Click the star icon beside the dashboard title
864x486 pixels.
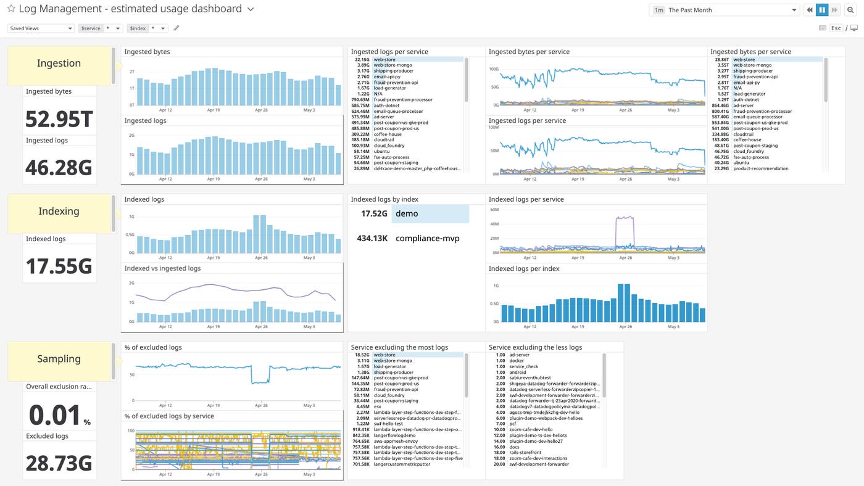coord(11,9)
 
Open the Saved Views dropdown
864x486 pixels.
coord(41,28)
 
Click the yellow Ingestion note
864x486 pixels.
coord(59,64)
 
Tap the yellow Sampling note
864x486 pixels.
coord(59,359)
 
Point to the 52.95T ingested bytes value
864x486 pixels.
coord(59,119)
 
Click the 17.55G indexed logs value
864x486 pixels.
coord(59,266)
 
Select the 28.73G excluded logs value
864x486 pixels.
coord(59,463)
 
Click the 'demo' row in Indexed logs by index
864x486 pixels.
coord(430,213)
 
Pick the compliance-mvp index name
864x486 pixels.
coord(427,238)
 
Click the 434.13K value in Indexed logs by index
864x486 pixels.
coord(372,238)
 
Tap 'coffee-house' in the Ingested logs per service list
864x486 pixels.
coord(388,134)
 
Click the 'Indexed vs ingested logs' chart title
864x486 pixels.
coord(162,268)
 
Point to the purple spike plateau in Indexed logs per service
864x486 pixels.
coord(625,218)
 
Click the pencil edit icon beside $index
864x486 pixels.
coord(177,28)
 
